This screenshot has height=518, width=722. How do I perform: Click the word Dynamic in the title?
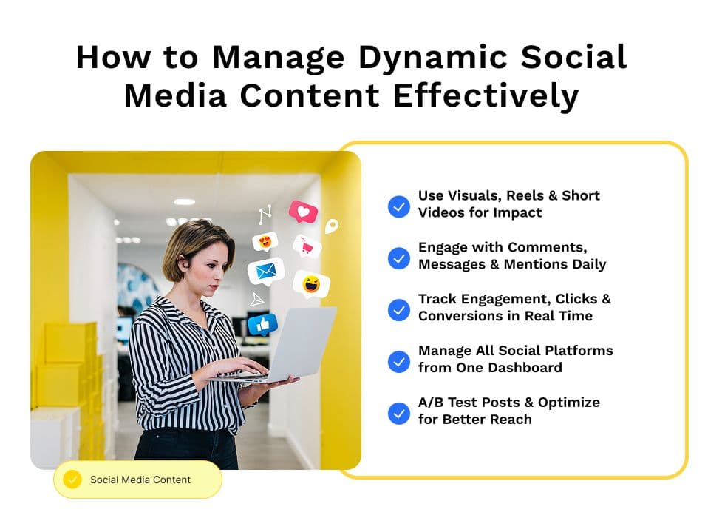click(433, 58)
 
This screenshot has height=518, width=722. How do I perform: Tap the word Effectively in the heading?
click(486, 95)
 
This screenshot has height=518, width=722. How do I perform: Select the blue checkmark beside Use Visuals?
click(399, 206)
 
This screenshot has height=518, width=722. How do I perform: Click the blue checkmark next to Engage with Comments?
click(399, 258)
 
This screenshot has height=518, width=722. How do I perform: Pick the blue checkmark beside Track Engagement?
click(399, 309)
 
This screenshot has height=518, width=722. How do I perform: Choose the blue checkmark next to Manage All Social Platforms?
click(399, 361)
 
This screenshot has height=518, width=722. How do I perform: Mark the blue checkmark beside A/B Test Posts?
click(399, 413)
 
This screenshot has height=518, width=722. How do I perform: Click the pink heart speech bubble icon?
click(303, 212)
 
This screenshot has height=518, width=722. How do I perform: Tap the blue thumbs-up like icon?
click(262, 324)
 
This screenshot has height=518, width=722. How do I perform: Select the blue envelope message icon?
click(266, 272)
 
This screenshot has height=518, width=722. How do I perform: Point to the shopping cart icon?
click(307, 246)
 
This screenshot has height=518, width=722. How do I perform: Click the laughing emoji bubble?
click(312, 283)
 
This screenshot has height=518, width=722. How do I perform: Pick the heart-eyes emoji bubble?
click(265, 241)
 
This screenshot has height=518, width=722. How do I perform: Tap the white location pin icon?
click(332, 226)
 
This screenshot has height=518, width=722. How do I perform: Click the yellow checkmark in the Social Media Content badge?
click(72, 480)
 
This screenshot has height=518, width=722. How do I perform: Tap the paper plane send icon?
click(257, 300)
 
